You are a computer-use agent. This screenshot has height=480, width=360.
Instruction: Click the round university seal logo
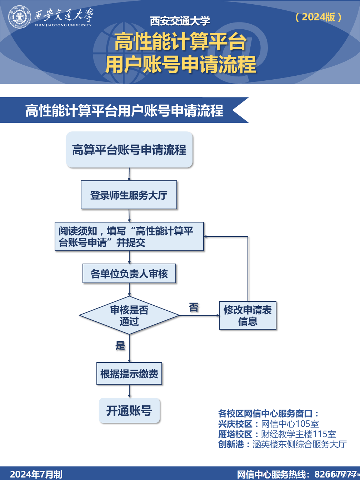tap(20, 16)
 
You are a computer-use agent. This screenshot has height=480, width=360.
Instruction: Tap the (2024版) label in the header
tap(319, 17)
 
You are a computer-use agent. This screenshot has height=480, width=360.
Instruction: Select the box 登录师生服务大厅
tap(129, 195)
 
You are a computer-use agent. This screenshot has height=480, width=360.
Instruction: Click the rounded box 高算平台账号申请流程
tap(129, 150)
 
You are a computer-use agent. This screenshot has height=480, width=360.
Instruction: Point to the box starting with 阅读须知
tap(129, 237)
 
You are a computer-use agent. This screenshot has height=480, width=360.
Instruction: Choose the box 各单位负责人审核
tap(129, 274)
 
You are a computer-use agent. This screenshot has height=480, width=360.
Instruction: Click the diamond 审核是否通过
tap(129, 315)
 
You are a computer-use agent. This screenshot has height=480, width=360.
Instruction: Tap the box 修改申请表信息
tap(247, 315)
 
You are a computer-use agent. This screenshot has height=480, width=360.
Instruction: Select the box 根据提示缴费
tap(129, 374)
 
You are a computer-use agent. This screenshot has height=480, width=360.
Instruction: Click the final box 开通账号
tap(129, 411)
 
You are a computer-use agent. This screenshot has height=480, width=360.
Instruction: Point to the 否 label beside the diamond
tap(194, 307)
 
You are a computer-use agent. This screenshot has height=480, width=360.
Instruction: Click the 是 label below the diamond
tap(120, 345)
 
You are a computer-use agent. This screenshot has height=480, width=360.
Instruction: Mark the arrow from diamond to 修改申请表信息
tap(199, 315)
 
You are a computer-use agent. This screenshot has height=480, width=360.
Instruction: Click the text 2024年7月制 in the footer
tap(36, 474)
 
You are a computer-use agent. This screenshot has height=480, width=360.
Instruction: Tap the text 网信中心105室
tap(290, 424)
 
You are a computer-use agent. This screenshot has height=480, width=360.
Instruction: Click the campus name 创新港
tap(231, 444)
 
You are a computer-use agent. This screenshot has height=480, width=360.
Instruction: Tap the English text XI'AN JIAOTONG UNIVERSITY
tap(63, 25)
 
